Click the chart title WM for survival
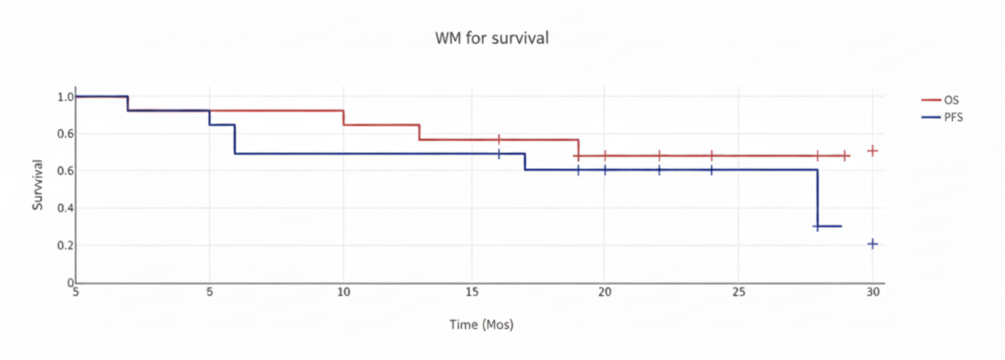tap(491, 37)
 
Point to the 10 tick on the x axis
tap(343, 292)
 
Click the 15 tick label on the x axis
tap(473, 292)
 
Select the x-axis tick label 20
tap(604, 292)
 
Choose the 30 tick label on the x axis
tap(873, 292)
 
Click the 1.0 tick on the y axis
tap(64, 97)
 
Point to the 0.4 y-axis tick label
tap(64, 208)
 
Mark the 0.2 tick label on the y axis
tap(64, 246)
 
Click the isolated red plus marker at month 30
tap(873, 151)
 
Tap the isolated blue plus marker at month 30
tap(873, 244)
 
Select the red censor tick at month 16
tap(499, 140)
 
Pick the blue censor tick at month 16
tap(499, 154)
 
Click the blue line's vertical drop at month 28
tap(816, 198)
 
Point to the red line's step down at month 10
tap(343, 117)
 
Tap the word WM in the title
tap(446, 37)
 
